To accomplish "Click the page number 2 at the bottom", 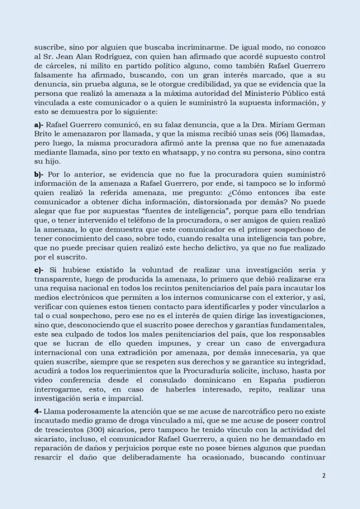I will point(324,475).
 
